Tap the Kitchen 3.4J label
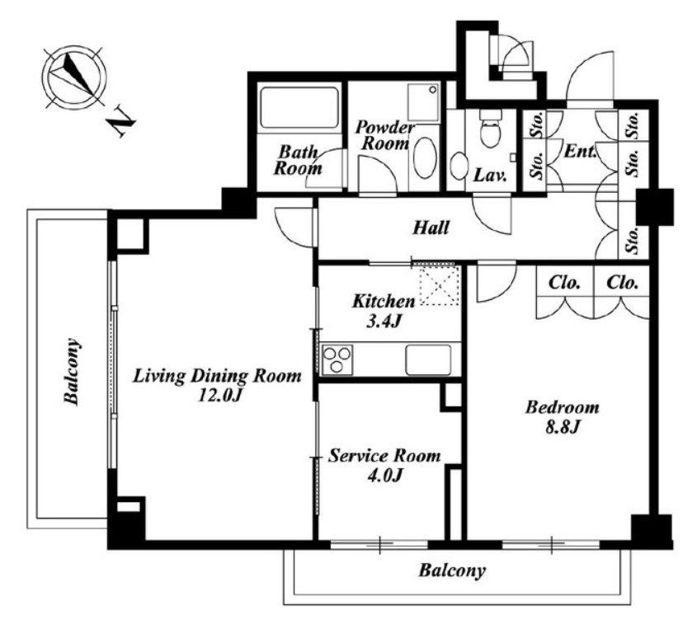click(384, 311)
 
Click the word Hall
click(431, 228)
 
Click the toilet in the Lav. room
click(490, 128)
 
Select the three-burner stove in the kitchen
click(337, 359)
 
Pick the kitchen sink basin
click(429, 359)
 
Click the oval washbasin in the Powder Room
click(424, 158)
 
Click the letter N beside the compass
click(121, 121)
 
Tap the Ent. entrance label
click(580, 152)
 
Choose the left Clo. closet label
click(564, 283)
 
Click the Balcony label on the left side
click(73, 372)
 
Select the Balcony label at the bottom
click(452, 571)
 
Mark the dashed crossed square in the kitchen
click(439, 284)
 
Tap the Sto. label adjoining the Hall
click(634, 240)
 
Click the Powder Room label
click(384, 135)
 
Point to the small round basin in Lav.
click(458, 166)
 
